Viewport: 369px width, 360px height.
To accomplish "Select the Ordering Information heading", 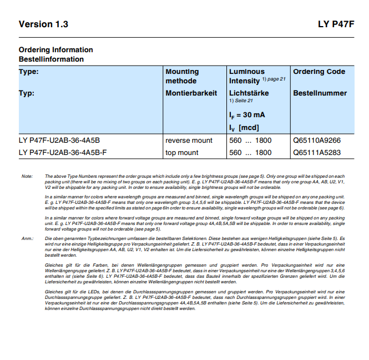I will click(x=55, y=50).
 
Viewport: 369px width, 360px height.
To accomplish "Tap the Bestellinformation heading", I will click(x=51, y=59).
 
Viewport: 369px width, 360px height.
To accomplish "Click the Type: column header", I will click(x=29, y=72).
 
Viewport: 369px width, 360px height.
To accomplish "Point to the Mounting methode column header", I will click(x=182, y=76).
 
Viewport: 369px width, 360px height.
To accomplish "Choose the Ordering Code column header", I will click(x=319, y=72).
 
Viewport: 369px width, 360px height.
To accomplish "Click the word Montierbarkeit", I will click(x=191, y=93).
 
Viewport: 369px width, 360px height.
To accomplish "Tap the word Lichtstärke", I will click(x=249, y=93).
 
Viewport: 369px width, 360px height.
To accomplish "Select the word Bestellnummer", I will click(x=320, y=93).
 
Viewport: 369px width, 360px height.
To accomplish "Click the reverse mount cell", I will click(x=189, y=141).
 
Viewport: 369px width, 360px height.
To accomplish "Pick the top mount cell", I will click(x=182, y=152).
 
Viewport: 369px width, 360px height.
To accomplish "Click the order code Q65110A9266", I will click(x=317, y=141).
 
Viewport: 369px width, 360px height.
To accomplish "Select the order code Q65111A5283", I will click(x=317, y=152).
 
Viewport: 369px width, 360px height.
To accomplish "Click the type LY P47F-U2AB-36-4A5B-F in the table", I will click(x=63, y=152).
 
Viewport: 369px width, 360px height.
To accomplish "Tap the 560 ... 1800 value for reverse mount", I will click(x=250, y=141).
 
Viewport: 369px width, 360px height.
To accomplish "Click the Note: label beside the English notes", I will click(x=27, y=176).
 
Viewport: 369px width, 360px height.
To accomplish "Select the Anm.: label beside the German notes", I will click(x=28, y=238).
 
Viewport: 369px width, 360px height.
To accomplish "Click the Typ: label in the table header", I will click(x=27, y=93).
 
